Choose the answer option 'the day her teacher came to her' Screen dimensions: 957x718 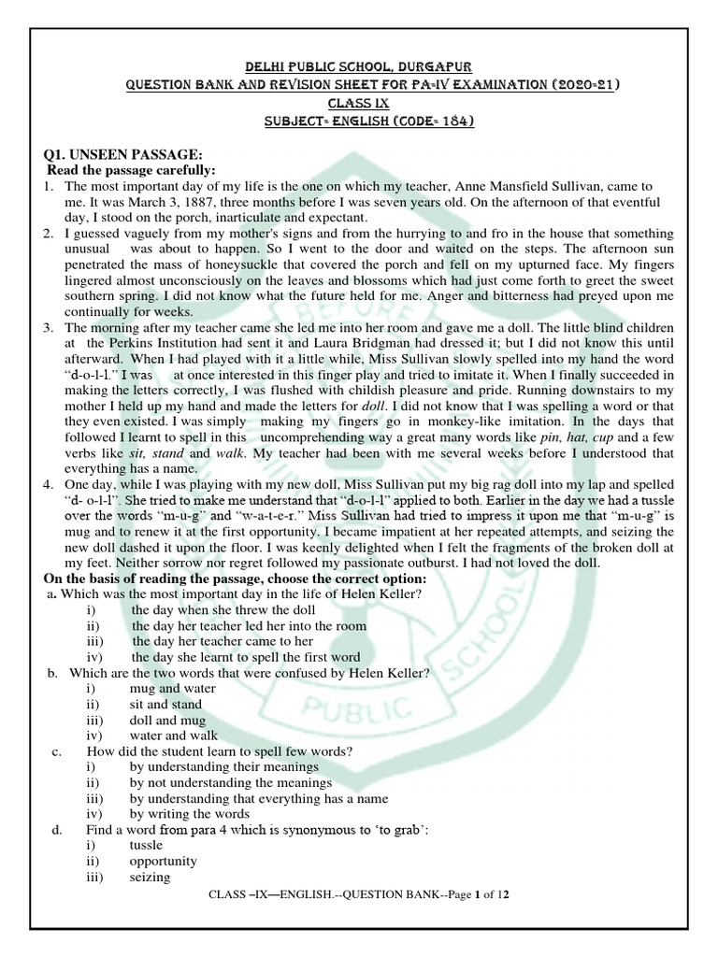coord(223,641)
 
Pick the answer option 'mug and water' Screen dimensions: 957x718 coord(173,689)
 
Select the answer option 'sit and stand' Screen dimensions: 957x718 coord(169,704)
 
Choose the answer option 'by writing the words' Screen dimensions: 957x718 coord(192,814)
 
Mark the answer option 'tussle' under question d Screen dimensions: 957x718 coord(147,846)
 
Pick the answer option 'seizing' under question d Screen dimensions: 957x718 coord(150,878)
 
